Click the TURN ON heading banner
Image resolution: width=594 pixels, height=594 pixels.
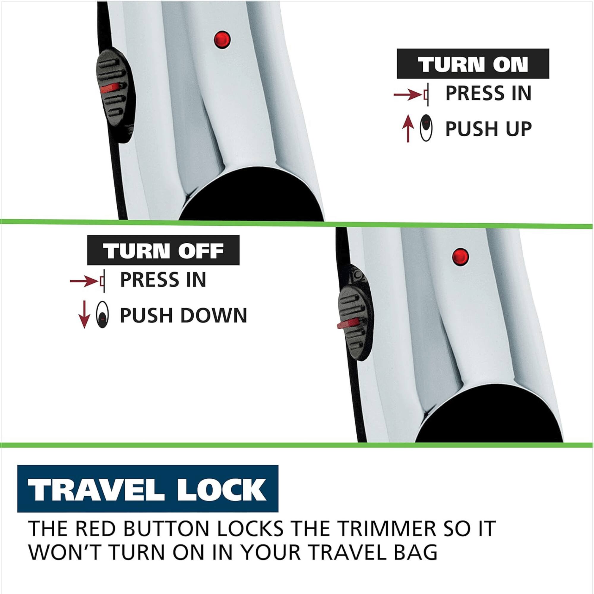pos(473,64)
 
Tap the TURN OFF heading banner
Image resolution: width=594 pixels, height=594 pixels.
pos(163,250)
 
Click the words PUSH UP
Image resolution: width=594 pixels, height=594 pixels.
pos(488,129)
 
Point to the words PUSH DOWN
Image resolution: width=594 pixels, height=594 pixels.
pos(183,315)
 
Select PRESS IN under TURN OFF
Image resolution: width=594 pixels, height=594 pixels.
pos(163,279)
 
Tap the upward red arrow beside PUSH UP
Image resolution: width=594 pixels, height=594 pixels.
pos(408,129)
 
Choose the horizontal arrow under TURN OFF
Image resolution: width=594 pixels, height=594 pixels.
pos(84,281)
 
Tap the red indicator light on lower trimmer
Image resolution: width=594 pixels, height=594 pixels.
pos(460,256)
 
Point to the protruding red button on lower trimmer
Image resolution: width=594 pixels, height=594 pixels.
pos(347,324)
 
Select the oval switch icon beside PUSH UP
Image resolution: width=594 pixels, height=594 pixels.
pos(426,128)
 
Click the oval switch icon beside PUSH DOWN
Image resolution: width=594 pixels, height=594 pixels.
pos(102,315)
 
